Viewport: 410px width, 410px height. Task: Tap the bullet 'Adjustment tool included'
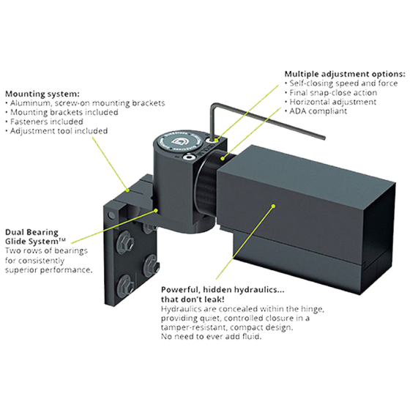pos(59,132)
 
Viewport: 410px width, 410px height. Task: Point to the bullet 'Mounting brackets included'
pos(62,113)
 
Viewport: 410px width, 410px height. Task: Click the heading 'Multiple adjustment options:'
pos(343,75)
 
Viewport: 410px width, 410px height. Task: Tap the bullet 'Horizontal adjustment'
pos(332,103)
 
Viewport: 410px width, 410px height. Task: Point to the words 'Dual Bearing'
pos(28,231)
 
